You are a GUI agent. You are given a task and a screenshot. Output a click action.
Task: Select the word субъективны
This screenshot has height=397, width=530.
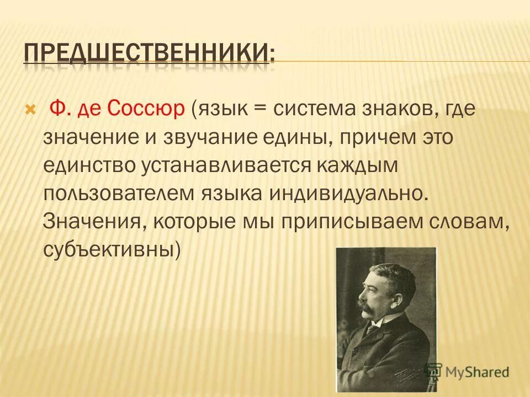110,250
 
